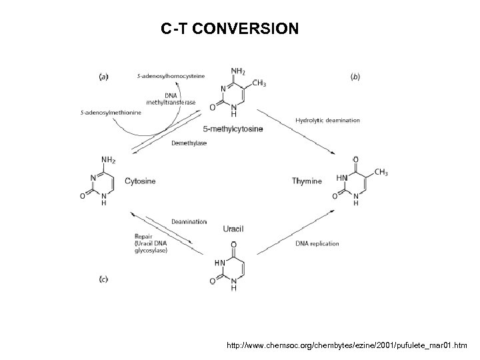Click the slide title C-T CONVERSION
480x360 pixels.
click(230, 30)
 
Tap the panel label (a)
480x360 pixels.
click(104, 77)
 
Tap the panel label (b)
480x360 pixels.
click(355, 77)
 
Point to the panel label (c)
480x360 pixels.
click(104, 279)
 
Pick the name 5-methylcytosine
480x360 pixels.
click(234, 129)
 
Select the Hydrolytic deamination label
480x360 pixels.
click(327, 121)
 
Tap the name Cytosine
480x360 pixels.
click(141, 181)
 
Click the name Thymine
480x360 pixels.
click(307, 181)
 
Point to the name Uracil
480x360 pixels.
click(233, 229)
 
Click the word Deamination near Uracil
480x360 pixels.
click(189, 221)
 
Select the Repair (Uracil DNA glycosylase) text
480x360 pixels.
click(151, 243)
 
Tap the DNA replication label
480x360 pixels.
click(317, 243)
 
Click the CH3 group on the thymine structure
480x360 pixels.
click(381, 173)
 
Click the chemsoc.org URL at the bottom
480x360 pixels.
click(347, 346)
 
